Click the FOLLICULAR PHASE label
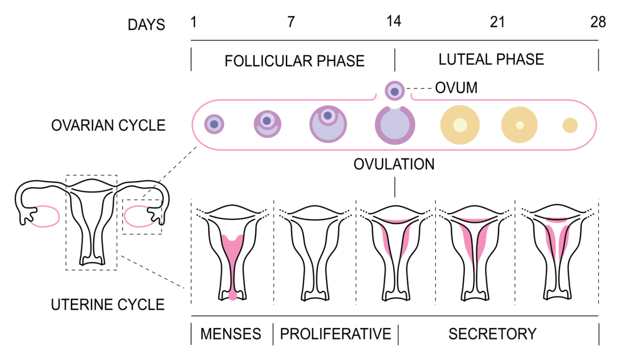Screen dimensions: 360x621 tap(294, 61)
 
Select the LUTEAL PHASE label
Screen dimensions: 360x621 tap(491, 59)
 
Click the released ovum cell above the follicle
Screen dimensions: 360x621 tap(395, 91)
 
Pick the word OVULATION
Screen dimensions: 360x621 tap(394, 164)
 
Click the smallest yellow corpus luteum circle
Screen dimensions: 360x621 tap(570, 125)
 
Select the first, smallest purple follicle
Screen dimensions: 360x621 tap(214, 123)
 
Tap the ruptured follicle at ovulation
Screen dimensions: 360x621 tap(394, 126)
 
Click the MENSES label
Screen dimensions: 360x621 tap(231, 334)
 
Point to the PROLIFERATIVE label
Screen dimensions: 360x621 tap(335, 334)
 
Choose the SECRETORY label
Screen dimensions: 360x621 tap(492, 334)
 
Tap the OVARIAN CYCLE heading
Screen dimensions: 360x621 tap(108, 125)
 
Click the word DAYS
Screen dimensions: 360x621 tap(146, 24)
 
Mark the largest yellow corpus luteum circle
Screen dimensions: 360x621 tap(460, 125)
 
